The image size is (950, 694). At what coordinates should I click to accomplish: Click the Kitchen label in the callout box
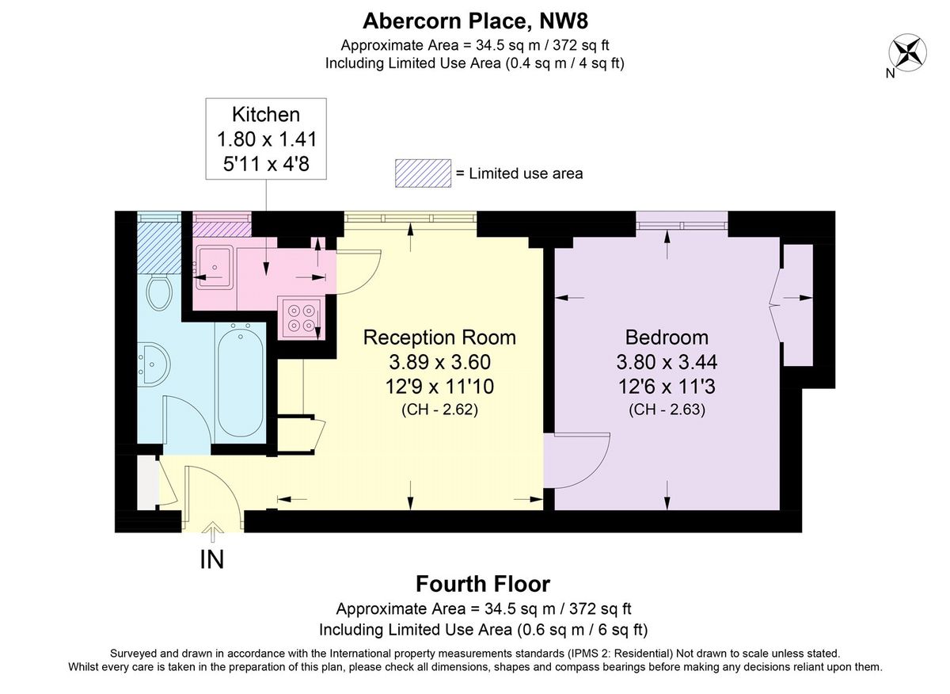(266, 113)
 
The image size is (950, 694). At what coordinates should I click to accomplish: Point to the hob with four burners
(300, 317)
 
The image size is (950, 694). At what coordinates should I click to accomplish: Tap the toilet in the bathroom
(159, 293)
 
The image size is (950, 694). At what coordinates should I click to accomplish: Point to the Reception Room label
(439, 337)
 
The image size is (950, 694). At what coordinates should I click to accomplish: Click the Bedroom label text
(667, 337)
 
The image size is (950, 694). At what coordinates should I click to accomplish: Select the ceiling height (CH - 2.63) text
(667, 410)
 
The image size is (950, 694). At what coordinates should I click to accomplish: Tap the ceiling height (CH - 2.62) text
(439, 410)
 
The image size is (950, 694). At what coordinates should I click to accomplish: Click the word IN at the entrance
(211, 559)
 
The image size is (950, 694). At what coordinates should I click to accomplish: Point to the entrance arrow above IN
(212, 532)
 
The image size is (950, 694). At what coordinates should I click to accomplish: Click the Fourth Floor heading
(483, 585)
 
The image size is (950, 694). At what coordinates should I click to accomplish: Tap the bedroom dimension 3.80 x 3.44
(667, 362)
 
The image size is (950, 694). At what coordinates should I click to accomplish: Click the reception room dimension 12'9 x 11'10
(439, 387)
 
